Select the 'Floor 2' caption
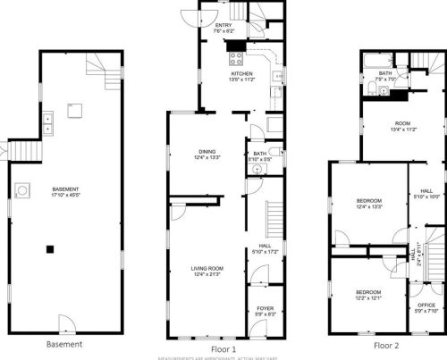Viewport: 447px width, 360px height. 387,344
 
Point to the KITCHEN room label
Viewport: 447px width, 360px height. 242,74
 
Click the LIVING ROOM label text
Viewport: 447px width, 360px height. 207,268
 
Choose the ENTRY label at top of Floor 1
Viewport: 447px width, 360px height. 223,25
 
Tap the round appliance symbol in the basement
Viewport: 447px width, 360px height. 21,189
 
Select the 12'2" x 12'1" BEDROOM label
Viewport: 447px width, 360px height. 368,292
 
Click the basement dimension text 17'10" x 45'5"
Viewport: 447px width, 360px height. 65,196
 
